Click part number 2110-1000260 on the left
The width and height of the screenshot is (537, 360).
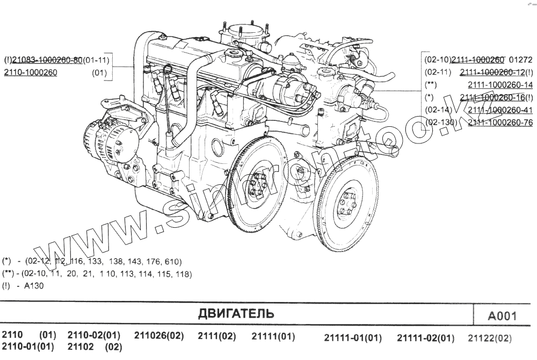(30, 73)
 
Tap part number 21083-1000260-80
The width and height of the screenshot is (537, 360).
(47, 60)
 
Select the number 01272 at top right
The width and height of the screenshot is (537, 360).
(520, 60)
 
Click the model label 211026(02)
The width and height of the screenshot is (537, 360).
(158, 336)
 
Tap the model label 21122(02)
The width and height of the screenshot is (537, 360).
(490, 339)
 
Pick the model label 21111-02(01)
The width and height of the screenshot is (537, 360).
(425, 339)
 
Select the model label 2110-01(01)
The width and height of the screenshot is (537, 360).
(28, 347)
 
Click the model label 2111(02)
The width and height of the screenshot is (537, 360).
(216, 336)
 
